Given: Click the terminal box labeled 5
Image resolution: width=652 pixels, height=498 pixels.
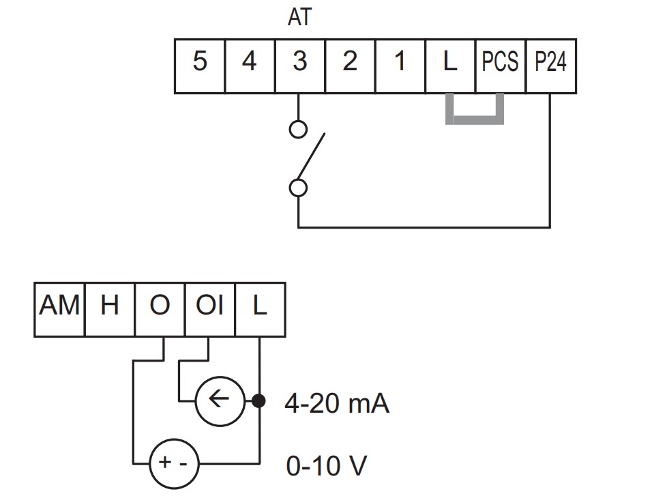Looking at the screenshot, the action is (200, 66).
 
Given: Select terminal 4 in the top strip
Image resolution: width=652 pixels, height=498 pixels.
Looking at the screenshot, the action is (250, 66).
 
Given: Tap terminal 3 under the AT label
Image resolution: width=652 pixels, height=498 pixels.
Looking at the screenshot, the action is (300, 66).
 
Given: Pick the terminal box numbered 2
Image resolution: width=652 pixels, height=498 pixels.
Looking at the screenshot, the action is (350, 66).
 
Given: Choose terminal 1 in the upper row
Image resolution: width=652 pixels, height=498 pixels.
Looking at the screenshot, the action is (400, 66).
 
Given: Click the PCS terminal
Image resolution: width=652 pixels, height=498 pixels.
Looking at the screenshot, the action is (501, 66).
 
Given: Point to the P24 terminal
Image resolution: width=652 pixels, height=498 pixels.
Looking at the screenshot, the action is (551, 66).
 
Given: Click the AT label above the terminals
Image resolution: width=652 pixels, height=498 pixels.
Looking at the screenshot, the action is (299, 18).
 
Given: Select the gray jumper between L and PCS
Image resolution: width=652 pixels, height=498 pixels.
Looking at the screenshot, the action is (475, 120).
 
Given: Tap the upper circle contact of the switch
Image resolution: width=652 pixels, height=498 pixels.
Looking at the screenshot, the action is (298, 129).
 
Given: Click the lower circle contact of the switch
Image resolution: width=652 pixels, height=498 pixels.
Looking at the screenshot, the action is (298, 188).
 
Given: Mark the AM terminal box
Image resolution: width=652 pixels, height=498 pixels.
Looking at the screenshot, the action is (59, 310).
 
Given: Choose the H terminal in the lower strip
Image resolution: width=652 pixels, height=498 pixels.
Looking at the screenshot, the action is (110, 310).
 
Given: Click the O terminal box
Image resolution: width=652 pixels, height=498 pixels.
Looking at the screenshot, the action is (160, 310).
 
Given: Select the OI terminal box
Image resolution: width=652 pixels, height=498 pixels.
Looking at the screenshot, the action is (210, 310).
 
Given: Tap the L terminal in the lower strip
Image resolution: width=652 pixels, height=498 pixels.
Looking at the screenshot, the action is (261, 310).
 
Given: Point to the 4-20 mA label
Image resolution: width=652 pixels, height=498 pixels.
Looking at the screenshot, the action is (337, 404).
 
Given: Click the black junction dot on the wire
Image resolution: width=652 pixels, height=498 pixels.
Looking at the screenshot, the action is (259, 401).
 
